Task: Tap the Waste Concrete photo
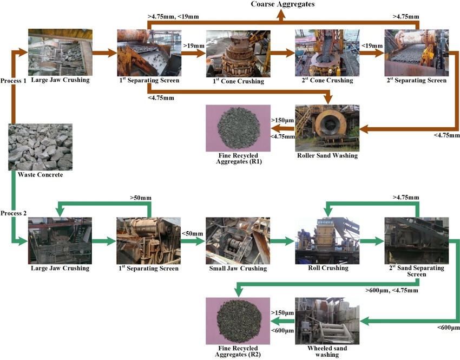pos(41,147)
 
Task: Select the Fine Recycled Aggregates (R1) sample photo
pos(238,128)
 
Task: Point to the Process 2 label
pos(14,213)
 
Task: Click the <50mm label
pos(193,234)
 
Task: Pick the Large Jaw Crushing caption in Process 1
pos(60,81)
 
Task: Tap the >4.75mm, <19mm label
pos(173,17)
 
